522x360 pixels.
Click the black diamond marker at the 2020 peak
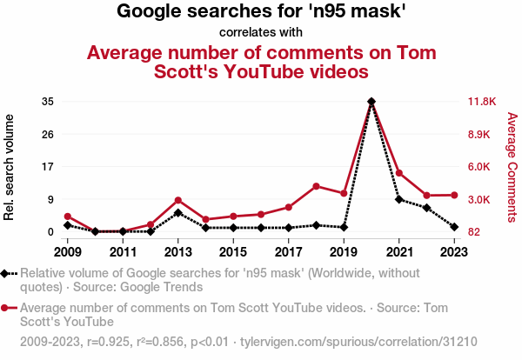(x=371, y=102)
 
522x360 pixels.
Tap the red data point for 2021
(x=399, y=173)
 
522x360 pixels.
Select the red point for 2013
(x=177, y=200)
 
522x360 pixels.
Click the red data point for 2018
(x=316, y=186)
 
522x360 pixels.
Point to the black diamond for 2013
(x=177, y=212)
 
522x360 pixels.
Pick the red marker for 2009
(x=67, y=217)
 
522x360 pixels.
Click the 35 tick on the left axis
(x=48, y=102)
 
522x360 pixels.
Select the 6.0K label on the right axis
(x=481, y=167)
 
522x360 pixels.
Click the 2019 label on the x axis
(x=344, y=252)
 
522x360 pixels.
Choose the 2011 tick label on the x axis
(x=123, y=252)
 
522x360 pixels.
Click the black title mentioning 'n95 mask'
(x=261, y=12)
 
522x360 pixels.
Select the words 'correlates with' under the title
(x=261, y=33)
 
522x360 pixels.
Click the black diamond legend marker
(x=5, y=274)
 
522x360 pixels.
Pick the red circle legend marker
(x=5, y=308)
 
